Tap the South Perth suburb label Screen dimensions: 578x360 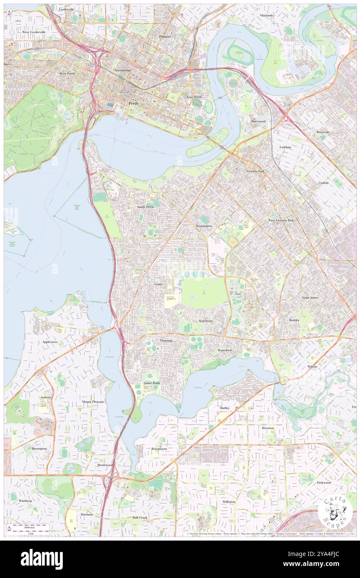145,207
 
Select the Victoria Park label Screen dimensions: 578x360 255,171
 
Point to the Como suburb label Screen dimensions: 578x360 158,284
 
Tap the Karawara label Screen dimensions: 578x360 206,321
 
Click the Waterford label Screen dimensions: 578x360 224,351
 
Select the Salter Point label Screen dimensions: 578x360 152,383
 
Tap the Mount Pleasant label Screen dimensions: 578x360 92,402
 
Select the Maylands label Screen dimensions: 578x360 266,15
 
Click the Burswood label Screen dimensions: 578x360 258,121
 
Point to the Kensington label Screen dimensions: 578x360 204,226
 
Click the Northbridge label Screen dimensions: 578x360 123,70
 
